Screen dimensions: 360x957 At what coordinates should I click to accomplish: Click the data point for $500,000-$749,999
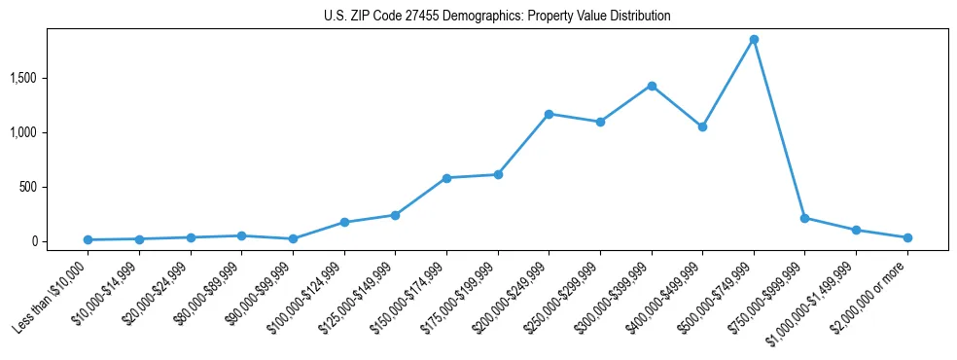click(x=754, y=40)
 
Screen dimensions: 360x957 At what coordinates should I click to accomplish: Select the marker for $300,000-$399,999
click(x=652, y=86)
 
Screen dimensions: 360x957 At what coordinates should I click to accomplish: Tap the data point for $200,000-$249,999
click(x=549, y=114)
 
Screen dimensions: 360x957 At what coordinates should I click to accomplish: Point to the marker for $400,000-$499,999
click(x=702, y=126)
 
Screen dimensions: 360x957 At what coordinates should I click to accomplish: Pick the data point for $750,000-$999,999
click(x=804, y=218)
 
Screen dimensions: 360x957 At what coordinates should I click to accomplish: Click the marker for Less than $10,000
click(x=89, y=239)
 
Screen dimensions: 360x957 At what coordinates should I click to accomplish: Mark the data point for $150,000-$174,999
click(x=446, y=178)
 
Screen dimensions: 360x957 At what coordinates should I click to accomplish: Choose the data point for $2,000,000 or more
click(x=906, y=237)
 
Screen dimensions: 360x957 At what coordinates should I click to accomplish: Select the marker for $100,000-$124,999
click(x=344, y=222)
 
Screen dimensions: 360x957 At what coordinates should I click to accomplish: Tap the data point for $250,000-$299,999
click(x=600, y=122)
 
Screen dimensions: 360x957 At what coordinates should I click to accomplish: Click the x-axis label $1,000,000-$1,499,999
click(x=815, y=296)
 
